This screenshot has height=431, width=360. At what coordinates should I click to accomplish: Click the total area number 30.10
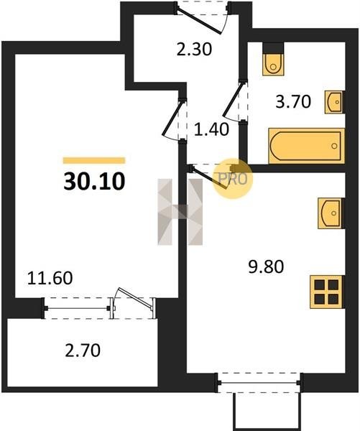coord(94,182)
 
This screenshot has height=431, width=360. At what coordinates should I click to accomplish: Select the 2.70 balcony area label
coord(83,351)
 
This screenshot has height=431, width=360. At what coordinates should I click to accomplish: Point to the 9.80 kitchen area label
coord(266,267)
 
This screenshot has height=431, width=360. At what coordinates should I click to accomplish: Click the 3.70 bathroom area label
coord(293,101)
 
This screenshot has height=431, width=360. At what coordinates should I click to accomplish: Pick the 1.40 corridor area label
coord(211,129)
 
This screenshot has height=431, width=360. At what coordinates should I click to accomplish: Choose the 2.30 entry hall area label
coord(194,50)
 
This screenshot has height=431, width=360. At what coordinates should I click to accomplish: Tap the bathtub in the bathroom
coord(307,146)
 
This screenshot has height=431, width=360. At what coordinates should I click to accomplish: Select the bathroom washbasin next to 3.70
coord(334,102)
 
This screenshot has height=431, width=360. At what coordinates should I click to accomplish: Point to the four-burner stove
coord(327,292)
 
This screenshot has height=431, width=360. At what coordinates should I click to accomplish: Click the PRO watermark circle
coord(233,179)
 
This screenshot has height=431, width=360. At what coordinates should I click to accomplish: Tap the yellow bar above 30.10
coord(94,160)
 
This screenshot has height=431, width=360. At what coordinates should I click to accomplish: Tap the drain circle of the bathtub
coord(334,146)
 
